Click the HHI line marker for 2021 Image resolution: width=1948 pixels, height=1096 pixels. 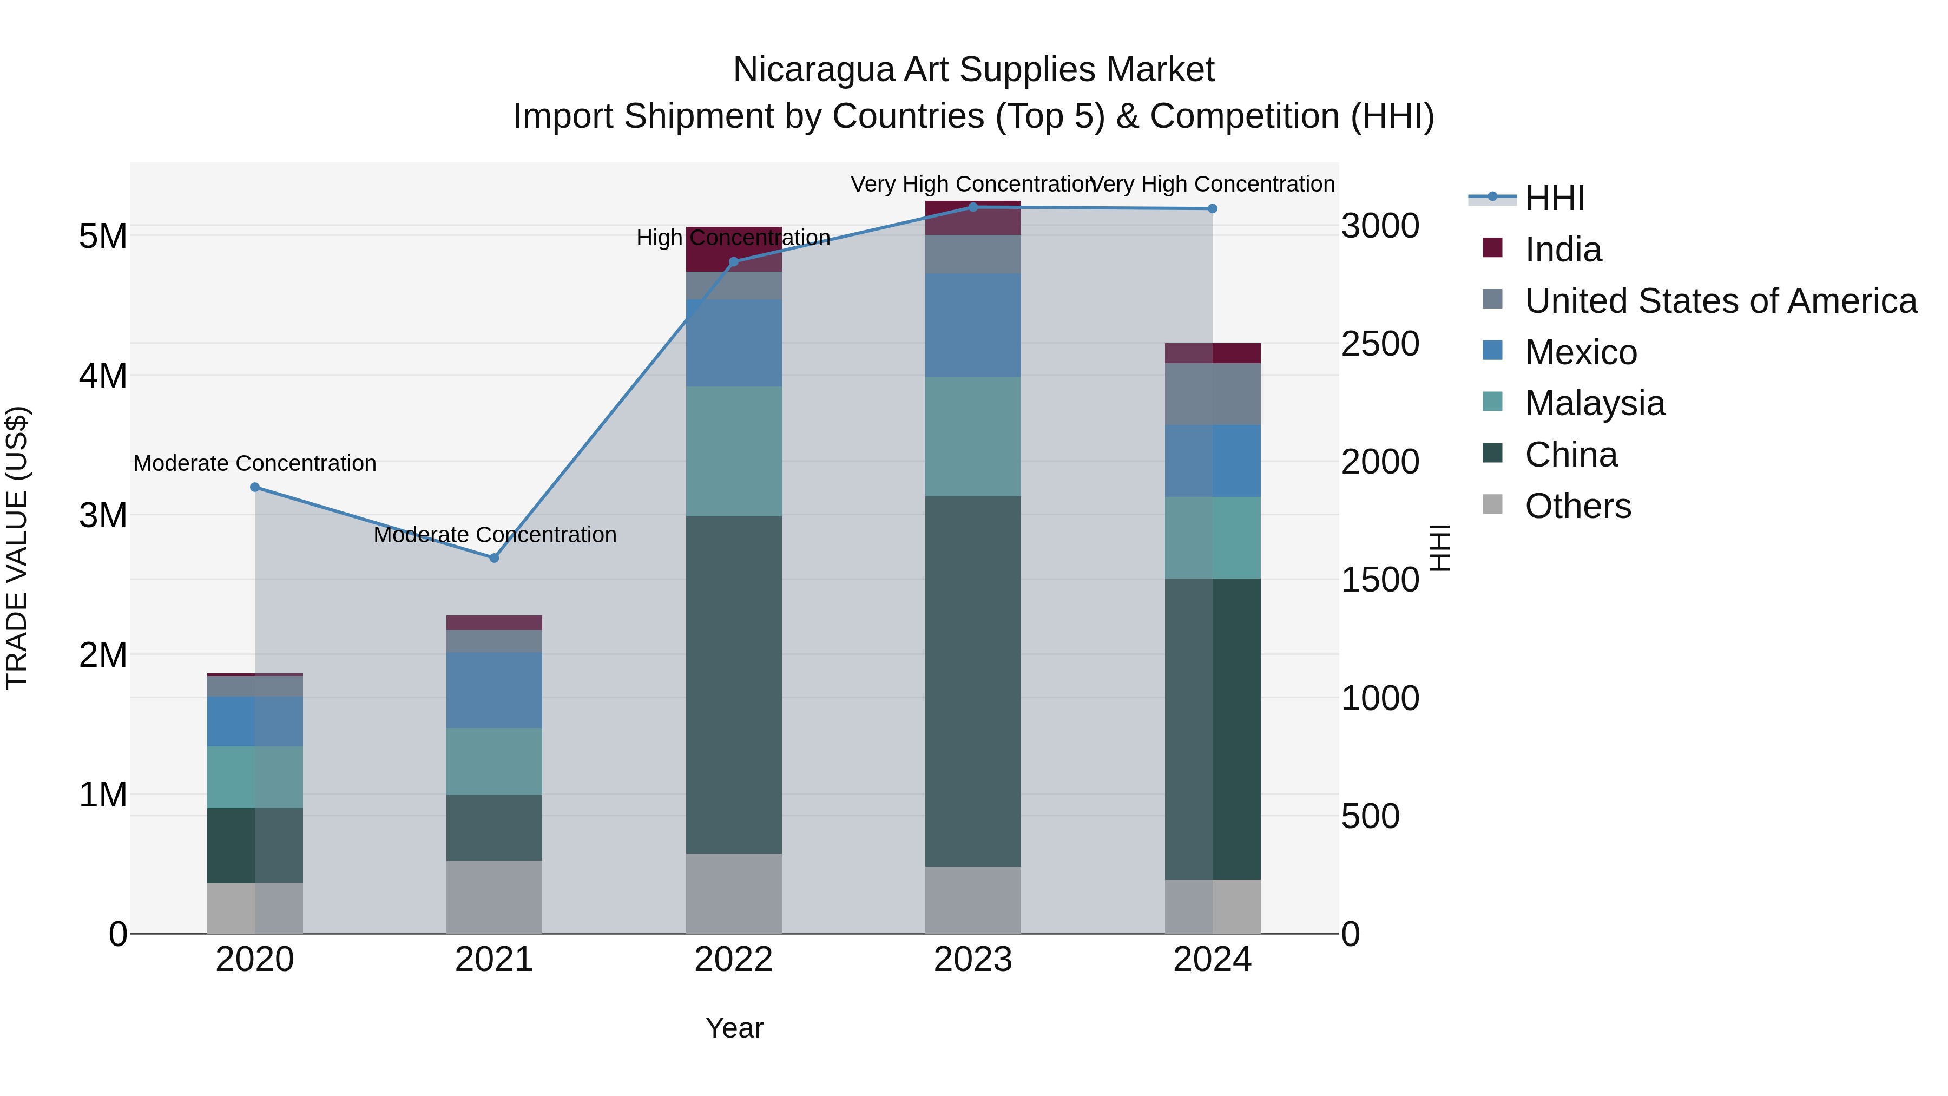[494, 558]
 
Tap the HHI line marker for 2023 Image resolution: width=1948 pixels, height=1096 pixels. [973, 207]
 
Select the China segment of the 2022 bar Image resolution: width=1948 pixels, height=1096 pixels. [734, 685]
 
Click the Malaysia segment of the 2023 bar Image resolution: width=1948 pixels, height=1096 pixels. [973, 436]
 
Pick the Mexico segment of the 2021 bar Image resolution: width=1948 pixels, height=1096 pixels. [494, 690]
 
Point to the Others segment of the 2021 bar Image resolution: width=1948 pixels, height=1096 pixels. [494, 896]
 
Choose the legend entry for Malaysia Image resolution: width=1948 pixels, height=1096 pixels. [1594, 403]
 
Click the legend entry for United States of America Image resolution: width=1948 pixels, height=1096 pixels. [1720, 301]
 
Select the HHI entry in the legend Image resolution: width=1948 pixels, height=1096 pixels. [1554, 198]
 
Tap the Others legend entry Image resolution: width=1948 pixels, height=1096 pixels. [1577, 506]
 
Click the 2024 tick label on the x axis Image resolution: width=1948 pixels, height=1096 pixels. [1212, 960]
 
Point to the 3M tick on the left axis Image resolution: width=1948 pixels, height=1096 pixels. [103, 515]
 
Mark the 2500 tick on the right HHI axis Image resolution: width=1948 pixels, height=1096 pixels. [1380, 344]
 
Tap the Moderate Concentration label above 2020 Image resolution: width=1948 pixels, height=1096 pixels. [255, 463]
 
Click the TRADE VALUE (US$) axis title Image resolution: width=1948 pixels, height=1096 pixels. [17, 548]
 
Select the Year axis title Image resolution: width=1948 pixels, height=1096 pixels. [734, 1028]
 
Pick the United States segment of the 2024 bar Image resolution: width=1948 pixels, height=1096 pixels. [1212, 394]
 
